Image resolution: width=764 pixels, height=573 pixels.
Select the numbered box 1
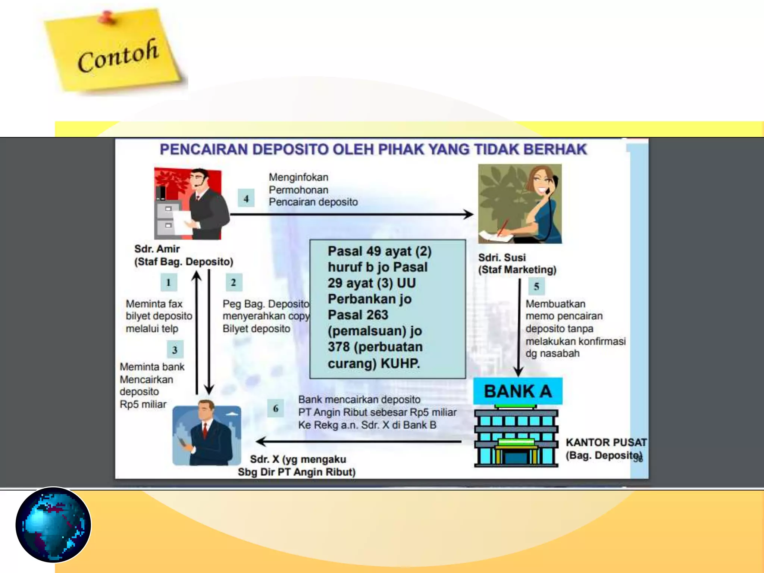pos(169,282)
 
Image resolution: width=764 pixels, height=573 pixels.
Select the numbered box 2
pos(234,282)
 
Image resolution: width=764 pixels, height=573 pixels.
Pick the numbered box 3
pos(175,350)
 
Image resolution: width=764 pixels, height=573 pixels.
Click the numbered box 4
pos(246,198)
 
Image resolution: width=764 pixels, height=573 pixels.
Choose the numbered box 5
pos(536,286)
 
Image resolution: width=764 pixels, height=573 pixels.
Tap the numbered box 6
pos(276,408)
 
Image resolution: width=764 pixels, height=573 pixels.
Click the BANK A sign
pos(517,391)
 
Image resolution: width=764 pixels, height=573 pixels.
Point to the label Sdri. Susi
pos(502,257)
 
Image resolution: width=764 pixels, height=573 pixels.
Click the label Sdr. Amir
pos(157,249)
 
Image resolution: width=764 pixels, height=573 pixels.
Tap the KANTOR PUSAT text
pos(606,442)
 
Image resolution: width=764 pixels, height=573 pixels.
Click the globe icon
pos(53,525)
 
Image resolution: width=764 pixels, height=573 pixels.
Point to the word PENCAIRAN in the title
pos(203,149)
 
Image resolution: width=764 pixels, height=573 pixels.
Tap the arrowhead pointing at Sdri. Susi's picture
pos(469,214)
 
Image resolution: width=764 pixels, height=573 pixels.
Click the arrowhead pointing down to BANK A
pos(519,372)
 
